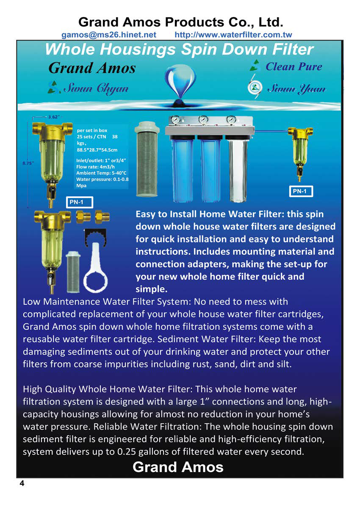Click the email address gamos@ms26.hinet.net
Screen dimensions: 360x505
[x=108, y=35]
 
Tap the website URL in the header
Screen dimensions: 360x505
[x=233, y=35]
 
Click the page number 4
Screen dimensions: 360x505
[x=22, y=483]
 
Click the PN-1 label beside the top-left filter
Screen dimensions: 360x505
[x=79, y=202]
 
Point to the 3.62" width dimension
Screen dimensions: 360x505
[x=53, y=117]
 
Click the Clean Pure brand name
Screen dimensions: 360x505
[x=294, y=66]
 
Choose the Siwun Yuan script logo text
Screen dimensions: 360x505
[x=296, y=88]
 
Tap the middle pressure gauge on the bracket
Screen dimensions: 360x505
[x=203, y=119]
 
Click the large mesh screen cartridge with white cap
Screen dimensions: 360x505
[x=147, y=159]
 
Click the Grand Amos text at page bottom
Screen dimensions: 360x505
[x=178, y=467]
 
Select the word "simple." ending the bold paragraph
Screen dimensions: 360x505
[x=152, y=289]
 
